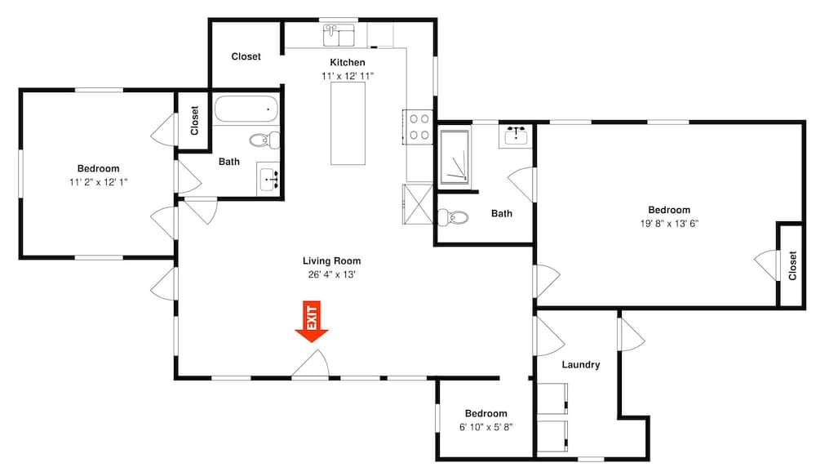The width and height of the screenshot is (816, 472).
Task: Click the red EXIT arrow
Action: pos(312,322)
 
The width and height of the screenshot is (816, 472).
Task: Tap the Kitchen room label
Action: pos(347,63)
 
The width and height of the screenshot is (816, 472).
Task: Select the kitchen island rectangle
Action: pos(348,123)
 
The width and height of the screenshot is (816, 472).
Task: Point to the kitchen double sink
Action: pos(339,35)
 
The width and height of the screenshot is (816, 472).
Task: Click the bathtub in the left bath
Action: pos(246,109)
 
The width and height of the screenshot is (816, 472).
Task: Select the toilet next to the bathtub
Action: pos(265,140)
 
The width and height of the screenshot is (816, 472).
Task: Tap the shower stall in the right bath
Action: pos(455,157)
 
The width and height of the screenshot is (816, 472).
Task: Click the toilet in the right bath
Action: pos(452,216)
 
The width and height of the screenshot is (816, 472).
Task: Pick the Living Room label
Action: pos(331,261)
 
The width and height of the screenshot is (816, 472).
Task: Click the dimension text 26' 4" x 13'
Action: pos(331,274)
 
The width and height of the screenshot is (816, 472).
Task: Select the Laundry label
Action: pos(581,365)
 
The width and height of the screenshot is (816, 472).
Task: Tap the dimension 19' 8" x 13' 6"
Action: pos(669,224)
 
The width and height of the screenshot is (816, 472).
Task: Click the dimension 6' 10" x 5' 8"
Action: pos(486,427)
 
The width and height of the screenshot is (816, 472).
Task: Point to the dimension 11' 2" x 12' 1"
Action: pos(99,182)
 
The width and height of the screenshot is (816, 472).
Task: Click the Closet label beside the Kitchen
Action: pos(246,56)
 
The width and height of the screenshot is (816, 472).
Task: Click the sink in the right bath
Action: pos(516,137)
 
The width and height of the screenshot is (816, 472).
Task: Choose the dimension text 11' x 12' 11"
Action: pos(347,76)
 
